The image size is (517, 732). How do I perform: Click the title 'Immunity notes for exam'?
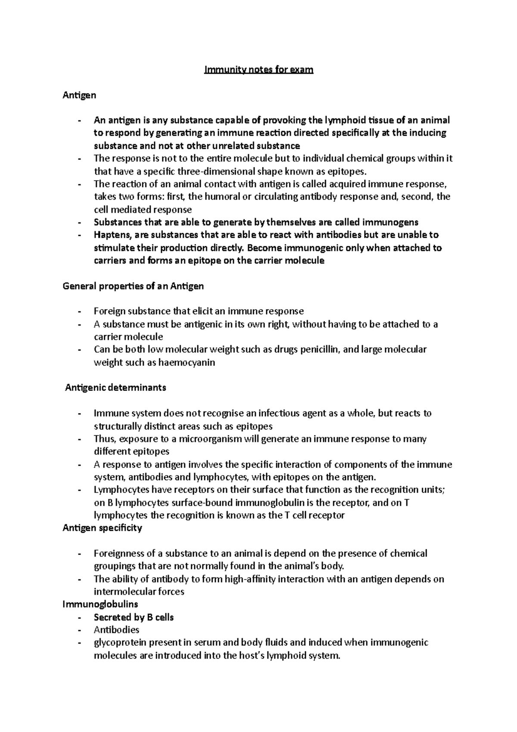(258, 69)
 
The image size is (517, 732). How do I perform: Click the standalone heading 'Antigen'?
(79, 95)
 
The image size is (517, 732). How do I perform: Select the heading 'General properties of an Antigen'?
(133, 286)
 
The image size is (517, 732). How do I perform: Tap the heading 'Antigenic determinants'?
(115, 388)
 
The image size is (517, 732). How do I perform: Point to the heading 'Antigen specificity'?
(102, 528)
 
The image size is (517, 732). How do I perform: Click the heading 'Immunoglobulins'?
(100, 604)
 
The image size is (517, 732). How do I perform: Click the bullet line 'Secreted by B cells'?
(134, 617)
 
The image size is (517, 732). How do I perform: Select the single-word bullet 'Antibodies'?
(116, 630)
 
